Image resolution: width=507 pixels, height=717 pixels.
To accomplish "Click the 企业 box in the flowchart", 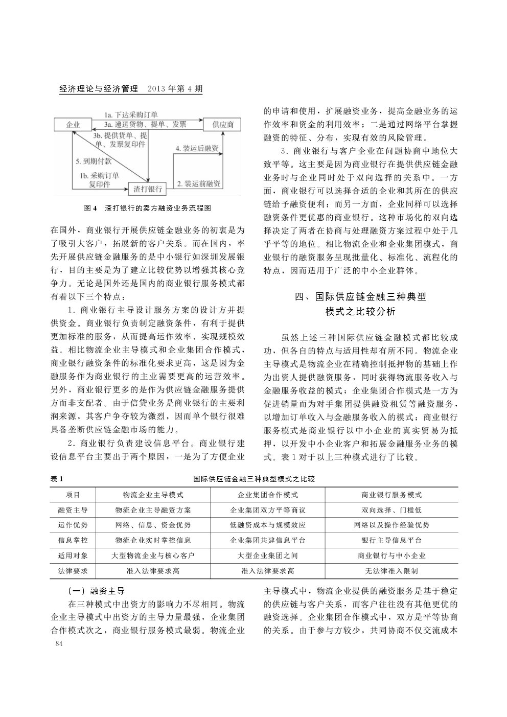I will pos(73,125).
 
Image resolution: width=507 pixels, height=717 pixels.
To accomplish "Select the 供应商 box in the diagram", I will pos(223,125).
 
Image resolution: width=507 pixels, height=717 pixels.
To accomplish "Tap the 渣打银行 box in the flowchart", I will pos(148,189).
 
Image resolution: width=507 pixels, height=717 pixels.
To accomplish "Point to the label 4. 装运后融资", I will pos(197,148).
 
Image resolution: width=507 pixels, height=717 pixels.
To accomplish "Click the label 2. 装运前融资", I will pos(198,183).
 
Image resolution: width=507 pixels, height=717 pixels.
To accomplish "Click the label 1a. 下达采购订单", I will pos(131,114).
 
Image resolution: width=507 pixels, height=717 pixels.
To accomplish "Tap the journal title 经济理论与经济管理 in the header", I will pos(99,89).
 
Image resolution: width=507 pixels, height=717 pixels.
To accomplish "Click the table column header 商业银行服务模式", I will pos(391,495).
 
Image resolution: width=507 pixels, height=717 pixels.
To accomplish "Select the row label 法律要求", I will pos(73,571).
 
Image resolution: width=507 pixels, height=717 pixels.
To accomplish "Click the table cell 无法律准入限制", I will pos(391,571).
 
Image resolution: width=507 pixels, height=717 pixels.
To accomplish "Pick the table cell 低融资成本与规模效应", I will pos(268,525).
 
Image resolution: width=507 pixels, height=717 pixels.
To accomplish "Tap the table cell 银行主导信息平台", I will pos(391,540).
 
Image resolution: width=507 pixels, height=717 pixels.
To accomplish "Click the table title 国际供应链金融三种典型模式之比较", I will pos(254,479).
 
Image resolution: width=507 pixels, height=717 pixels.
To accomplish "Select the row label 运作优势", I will pos(73,525).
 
